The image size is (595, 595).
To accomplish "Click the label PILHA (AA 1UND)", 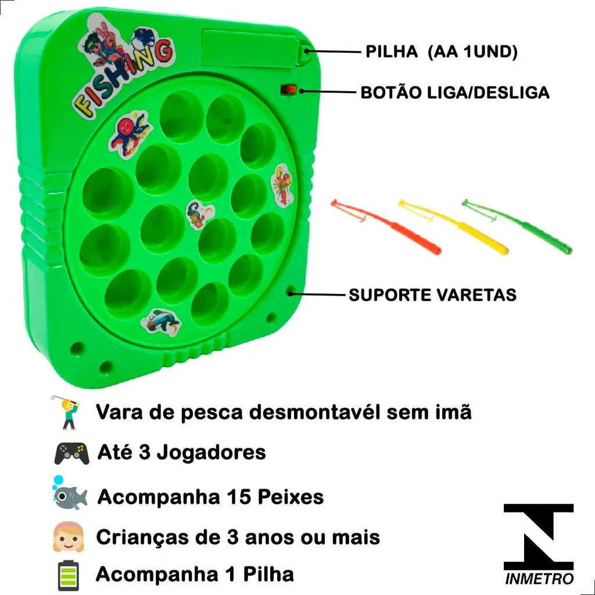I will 441,52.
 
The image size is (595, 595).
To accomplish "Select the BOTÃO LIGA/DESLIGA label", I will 455,92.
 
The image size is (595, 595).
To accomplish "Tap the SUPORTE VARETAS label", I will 432,295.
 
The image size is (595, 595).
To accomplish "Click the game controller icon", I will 72,453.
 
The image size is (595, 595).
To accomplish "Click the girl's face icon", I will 69,536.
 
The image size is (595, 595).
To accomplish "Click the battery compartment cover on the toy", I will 250,46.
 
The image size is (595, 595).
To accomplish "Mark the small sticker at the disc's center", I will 199,214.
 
